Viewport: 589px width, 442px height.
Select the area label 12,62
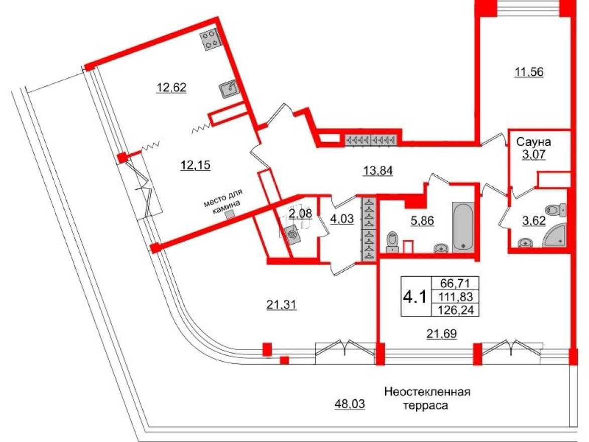click(171, 88)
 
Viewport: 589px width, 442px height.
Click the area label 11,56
click(529, 72)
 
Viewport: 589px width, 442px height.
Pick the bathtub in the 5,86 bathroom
click(463, 227)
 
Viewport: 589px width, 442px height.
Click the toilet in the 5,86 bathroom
click(392, 242)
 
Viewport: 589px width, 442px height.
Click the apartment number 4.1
click(415, 296)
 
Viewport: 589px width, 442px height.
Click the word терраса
click(427, 405)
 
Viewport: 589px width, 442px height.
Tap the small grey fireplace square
click(229, 214)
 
